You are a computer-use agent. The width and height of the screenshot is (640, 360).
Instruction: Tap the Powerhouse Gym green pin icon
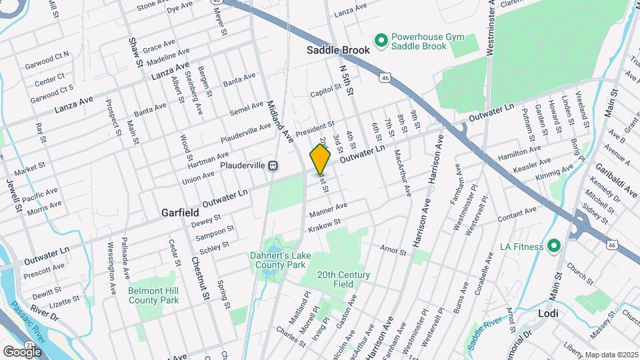(x=381, y=41)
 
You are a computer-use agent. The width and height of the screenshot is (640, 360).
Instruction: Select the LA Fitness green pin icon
(x=553, y=247)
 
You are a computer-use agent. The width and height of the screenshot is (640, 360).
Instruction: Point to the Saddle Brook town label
(x=337, y=50)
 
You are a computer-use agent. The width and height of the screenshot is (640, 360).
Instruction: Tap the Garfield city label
(x=180, y=212)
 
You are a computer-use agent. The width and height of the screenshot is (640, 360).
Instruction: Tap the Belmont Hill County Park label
(x=154, y=295)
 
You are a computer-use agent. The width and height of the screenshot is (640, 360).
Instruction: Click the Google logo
(x=22, y=351)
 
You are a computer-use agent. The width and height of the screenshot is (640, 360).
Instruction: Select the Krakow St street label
(x=325, y=226)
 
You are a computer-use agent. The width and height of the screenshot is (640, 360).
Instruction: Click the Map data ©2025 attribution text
(x=611, y=355)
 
